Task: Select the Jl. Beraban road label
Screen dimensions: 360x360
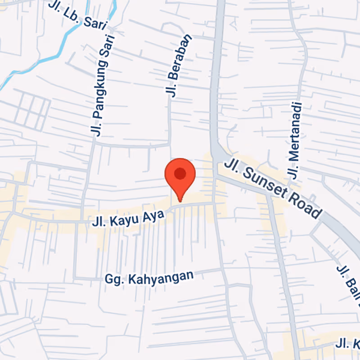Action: click(179, 66)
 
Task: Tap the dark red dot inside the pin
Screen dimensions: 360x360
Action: click(180, 173)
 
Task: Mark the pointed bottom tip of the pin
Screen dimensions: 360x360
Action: click(180, 201)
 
